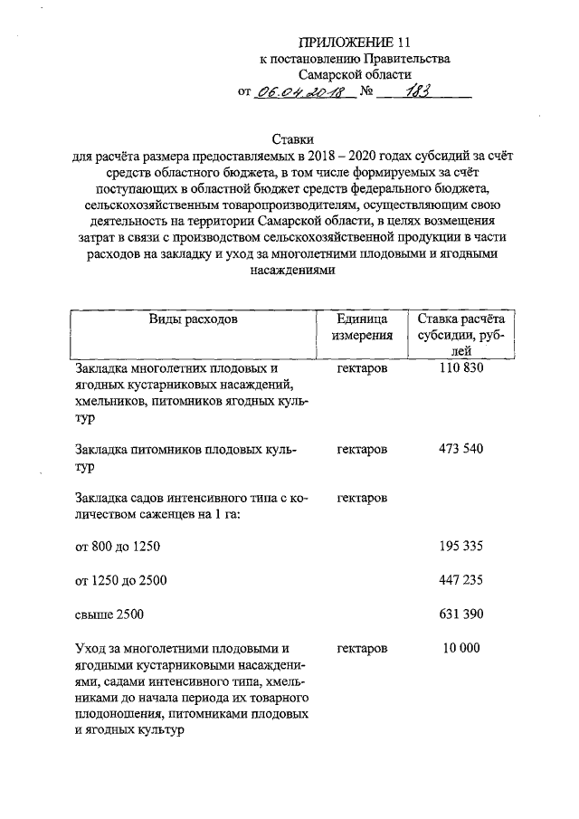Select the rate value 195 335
460,547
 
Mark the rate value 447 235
460,579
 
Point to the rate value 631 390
460,614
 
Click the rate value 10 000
460,648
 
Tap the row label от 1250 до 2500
120,579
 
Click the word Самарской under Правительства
333,75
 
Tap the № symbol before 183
367,92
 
